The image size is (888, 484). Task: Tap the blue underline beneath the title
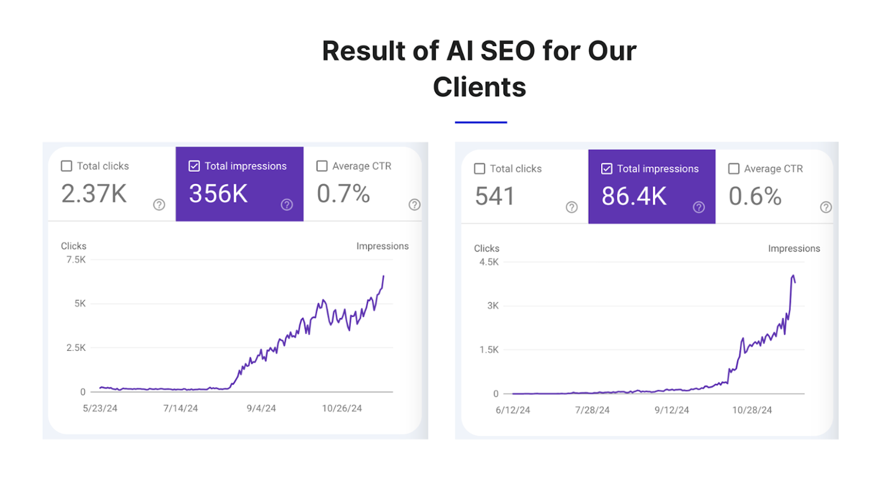481,122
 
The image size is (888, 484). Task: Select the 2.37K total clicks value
94,194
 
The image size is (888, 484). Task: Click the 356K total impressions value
218,194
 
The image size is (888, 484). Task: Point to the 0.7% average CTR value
343,194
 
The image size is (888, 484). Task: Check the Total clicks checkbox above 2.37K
67,166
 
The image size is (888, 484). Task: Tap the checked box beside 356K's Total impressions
194,166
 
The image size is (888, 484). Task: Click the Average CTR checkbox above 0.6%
734,169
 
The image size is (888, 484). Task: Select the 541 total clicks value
495,196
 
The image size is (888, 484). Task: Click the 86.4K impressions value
634,196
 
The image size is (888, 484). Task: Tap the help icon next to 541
572,207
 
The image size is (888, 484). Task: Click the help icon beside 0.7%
415,205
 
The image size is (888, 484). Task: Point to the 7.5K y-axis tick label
76,259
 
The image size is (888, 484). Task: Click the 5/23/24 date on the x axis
100,409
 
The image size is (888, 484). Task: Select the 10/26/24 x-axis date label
342,409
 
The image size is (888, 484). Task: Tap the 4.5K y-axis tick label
489,262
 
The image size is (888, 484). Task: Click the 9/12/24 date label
672,410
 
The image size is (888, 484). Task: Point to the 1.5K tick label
489,350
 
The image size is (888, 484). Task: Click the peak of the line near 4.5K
793,276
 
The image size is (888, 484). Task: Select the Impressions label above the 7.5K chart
382,246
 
